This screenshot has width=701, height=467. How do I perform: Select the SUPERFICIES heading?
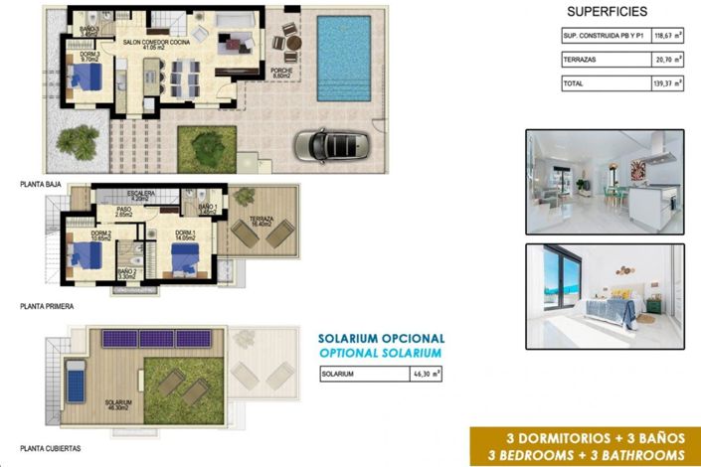[607, 12]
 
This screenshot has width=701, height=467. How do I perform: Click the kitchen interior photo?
[605, 182]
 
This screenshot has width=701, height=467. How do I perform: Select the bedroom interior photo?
[605, 295]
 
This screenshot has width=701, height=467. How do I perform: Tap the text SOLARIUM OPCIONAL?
[381, 339]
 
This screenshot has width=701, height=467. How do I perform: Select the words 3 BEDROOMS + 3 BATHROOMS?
[583, 455]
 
